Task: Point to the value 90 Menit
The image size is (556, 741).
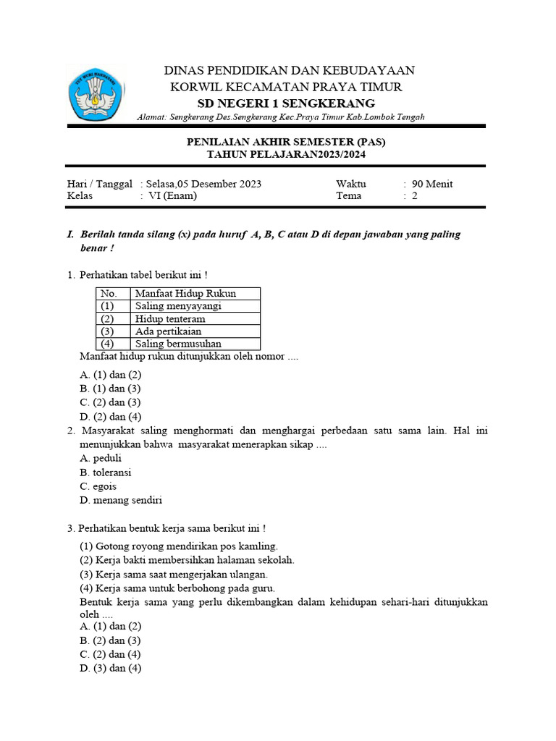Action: [432, 184]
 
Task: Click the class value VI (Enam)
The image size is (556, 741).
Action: [172, 195]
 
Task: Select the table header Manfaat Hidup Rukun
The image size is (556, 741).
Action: [186, 293]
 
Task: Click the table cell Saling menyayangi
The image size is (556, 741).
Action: [178, 306]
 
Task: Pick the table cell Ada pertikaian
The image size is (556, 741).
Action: [168, 331]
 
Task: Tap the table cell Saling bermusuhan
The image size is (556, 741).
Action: [178, 344]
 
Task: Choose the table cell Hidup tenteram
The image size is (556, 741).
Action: [170, 318]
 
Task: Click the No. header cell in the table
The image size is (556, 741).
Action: [109, 293]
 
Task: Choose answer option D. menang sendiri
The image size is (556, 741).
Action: [120, 500]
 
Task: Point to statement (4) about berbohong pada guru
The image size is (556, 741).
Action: [177, 588]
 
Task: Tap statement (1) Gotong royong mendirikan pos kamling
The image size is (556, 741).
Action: [178, 546]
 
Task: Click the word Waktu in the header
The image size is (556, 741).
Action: [351, 184]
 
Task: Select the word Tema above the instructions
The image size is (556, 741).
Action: [348, 195]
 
